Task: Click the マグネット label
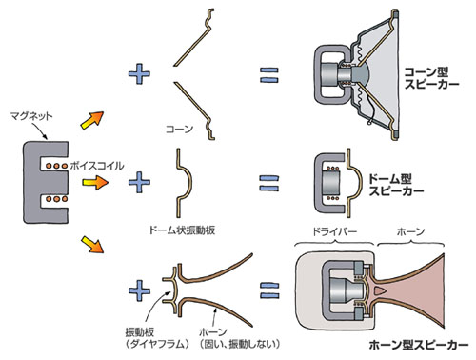point(31,116)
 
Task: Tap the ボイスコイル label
point(97,166)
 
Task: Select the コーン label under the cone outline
point(179,129)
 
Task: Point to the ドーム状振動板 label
point(182,230)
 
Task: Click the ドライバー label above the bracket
point(335,231)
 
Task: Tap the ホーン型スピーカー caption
point(419,345)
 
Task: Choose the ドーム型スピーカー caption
point(396,185)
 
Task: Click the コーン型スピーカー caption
point(431,78)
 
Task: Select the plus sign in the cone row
point(139,73)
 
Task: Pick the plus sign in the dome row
point(139,183)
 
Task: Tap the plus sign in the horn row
point(139,290)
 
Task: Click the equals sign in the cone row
point(269,75)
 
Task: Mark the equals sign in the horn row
point(269,290)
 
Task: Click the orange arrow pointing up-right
point(92,120)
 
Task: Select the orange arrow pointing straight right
point(95,183)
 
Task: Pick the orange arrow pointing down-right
point(92,244)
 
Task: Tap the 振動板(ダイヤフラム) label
point(157,338)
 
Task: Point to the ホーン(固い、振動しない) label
point(240,338)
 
